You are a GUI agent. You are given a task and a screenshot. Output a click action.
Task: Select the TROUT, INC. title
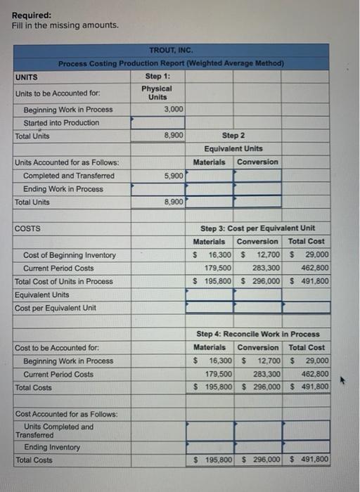point(171,50)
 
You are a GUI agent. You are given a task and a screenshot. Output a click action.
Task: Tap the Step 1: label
point(158,76)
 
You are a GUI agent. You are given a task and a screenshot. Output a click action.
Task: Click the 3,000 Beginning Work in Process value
point(174,109)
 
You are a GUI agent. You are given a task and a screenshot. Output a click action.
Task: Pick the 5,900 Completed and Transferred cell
point(174,175)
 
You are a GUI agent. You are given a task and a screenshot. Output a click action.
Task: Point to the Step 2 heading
point(233,135)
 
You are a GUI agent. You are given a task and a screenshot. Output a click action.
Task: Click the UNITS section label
point(27,77)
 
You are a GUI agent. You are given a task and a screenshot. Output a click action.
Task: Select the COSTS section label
point(27,228)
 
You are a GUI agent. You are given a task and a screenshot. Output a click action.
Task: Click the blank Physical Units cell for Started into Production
point(159,122)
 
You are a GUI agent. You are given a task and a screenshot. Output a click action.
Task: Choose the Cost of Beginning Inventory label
point(70,254)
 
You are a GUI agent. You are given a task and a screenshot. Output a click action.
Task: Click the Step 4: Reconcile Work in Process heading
point(257,334)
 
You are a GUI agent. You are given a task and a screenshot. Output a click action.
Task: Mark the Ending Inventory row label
point(52,447)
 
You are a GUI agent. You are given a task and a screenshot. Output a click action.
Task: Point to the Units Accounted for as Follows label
point(67,162)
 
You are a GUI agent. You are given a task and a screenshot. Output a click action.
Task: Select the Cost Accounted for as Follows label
point(67,414)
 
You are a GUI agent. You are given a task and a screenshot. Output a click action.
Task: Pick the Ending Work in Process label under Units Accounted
point(63,188)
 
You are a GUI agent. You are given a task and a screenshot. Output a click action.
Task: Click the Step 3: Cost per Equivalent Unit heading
point(257,228)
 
